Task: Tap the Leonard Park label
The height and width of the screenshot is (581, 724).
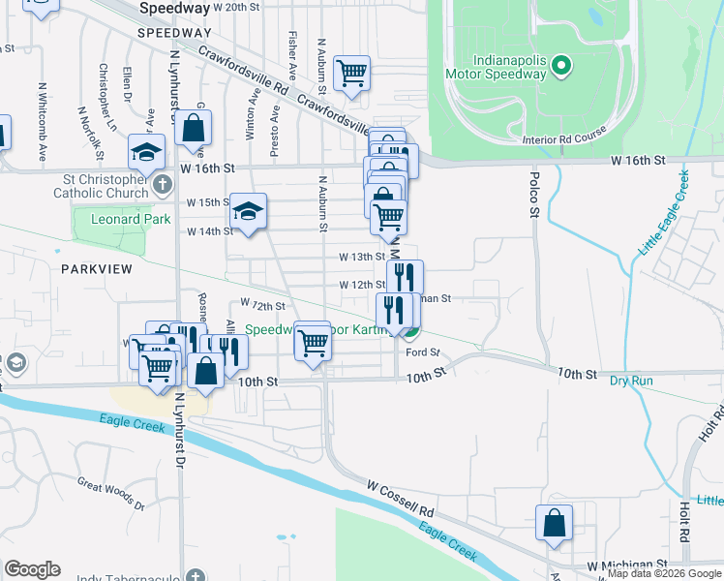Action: (x=130, y=220)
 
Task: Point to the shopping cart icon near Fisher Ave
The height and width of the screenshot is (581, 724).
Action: (x=351, y=73)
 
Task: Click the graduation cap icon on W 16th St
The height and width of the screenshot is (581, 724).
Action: (x=147, y=152)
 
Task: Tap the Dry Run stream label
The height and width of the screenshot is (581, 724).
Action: (x=631, y=381)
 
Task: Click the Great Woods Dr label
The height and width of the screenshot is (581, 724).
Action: (x=110, y=494)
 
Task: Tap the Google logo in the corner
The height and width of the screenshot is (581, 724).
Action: (x=32, y=569)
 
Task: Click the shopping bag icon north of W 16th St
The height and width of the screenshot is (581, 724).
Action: (x=194, y=128)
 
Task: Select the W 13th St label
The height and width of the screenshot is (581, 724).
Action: (x=361, y=257)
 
